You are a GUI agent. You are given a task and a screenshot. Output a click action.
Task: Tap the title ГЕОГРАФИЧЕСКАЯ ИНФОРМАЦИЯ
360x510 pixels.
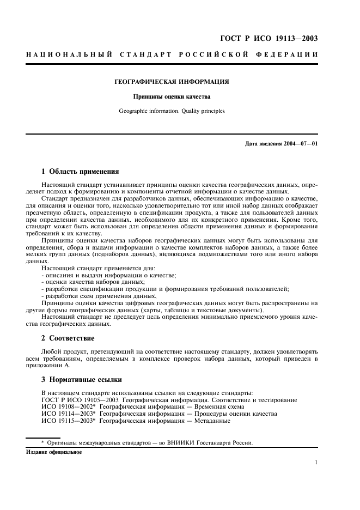171,82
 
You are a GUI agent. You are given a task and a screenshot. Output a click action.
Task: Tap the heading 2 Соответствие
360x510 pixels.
68,338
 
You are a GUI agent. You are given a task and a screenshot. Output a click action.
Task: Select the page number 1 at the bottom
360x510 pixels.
316,463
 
